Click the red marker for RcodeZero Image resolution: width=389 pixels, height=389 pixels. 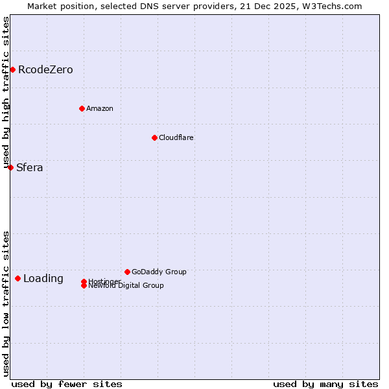[x=12, y=69]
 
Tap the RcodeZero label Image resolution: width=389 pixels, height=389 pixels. [x=45, y=69]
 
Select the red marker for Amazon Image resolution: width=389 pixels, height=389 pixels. [x=82, y=108]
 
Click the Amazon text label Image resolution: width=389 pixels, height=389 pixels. [x=100, y=108]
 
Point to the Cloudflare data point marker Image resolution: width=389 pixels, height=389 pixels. [x=154, y=137]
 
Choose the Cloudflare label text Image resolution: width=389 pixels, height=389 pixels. [x=176, y=137]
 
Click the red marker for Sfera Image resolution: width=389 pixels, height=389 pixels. [x=10, y=167]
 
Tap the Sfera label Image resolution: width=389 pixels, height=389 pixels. [x=30, y=167]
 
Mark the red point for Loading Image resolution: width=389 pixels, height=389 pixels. [x=18, y=278]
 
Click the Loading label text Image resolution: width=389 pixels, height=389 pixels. [x=43, y=279]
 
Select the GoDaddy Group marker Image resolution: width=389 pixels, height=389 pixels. [x=127, y=272]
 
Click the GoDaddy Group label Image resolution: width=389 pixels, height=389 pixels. [x=159, y=272]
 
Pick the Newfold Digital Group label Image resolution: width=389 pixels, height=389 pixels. [x=126, y=286]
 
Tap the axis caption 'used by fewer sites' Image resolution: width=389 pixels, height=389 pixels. [x=67, y=384]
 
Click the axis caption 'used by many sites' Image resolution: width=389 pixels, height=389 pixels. [x=325, y=384]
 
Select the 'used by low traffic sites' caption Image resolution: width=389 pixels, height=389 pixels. [x=6, y=303]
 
